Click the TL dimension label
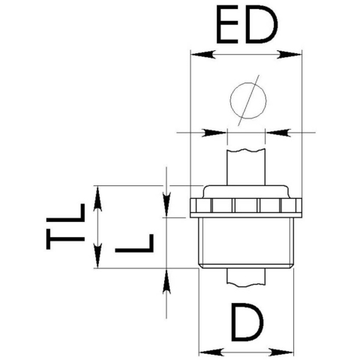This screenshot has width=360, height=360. click(x=65, y=226)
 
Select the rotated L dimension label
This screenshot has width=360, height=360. click(x=134, y=243)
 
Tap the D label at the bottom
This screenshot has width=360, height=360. click(x=247, y=322)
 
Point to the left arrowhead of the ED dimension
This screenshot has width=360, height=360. click(x=203, y=55)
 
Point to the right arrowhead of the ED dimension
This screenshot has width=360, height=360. click(x=289, y=55)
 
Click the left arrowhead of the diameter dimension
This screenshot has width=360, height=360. click(x=214, y=133)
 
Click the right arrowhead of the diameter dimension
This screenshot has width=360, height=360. click(x=278, y=133)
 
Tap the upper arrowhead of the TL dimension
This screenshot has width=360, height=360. click(x=97, y=199)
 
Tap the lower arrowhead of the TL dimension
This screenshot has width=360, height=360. click(x=97, y=256)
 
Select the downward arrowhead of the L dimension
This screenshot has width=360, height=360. click(x=166, y=205)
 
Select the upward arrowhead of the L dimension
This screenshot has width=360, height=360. click(x=166, y=281)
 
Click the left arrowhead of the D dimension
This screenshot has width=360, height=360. click(x=211, y=352)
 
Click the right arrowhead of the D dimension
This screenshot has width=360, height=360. click(x=281, y=352)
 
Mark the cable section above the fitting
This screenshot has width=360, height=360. click(x=246, y=167)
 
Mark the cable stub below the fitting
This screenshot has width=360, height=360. click(x=246, y=277)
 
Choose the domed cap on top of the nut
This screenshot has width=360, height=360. click(x=246, y=192)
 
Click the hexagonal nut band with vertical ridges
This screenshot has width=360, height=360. click(x=246, y=208)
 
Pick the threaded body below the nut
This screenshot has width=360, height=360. click(x=246, y=242)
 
